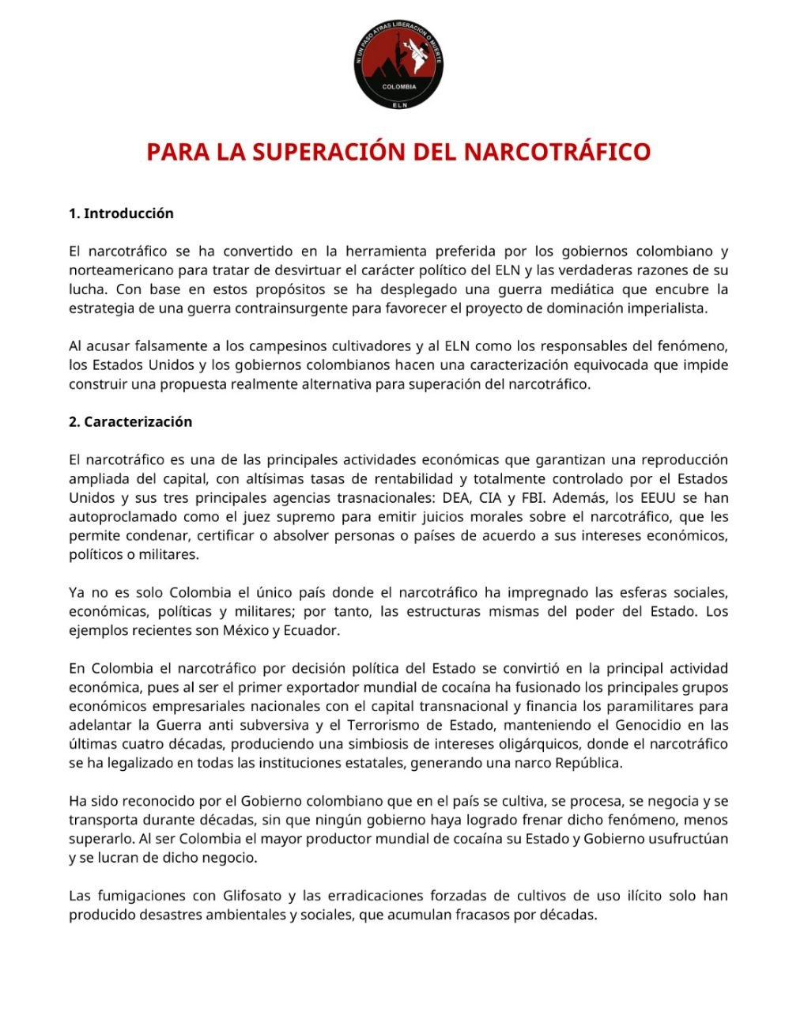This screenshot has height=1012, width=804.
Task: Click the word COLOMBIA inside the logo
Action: point(399,87)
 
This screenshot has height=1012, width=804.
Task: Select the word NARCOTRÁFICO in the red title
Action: point(557,151)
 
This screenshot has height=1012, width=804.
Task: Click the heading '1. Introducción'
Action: point(121,213)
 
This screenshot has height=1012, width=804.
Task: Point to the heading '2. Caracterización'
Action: point(130,422)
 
